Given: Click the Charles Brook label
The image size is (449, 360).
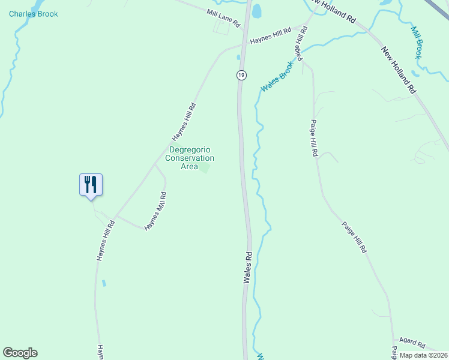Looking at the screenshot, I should click(34, 14).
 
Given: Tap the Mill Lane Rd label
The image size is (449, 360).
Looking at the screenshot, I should click(223, 18).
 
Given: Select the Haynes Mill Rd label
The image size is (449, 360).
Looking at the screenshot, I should click(155, 211).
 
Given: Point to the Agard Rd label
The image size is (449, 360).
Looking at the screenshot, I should click(412, 343).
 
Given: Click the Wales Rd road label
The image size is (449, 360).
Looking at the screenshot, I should click(247, 267).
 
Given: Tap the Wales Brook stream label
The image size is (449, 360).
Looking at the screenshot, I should click(277, 77).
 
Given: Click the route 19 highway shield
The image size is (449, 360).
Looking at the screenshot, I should click(241, 75).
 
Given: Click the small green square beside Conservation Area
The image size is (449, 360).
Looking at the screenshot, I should click(205, 168).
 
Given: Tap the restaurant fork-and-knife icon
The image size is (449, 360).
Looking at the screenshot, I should click(91, 184).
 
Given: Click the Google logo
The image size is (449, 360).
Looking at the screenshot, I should click(20, 353).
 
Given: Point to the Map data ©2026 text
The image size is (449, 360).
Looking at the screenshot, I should click(423, 355).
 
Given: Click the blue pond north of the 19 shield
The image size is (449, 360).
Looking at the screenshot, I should click(257, 10).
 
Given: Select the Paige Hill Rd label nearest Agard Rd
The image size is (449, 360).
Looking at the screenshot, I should click(354, 238).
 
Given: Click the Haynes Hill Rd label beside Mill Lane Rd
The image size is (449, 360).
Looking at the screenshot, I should click(271, 35).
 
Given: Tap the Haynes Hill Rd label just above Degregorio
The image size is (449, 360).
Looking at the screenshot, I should click(184, 121).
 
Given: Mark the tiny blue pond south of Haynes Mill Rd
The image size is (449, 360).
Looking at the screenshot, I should click(104, 283).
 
